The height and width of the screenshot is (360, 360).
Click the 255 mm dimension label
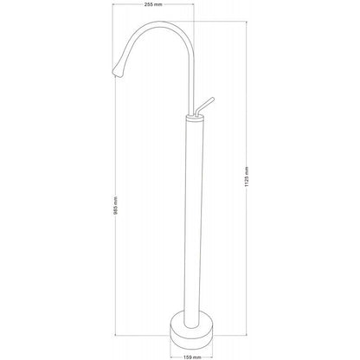[x=154, y=4]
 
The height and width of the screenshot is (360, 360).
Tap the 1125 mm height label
[x=247, y=177]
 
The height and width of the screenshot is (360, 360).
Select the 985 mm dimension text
[x=116, y=206]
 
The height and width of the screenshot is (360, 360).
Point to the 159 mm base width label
[x=192, y=357]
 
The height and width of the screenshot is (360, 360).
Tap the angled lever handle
[x=204, y=106]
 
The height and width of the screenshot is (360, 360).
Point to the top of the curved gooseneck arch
[x=159, y=22]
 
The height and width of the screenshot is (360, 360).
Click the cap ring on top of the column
[x=194, y=118]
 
